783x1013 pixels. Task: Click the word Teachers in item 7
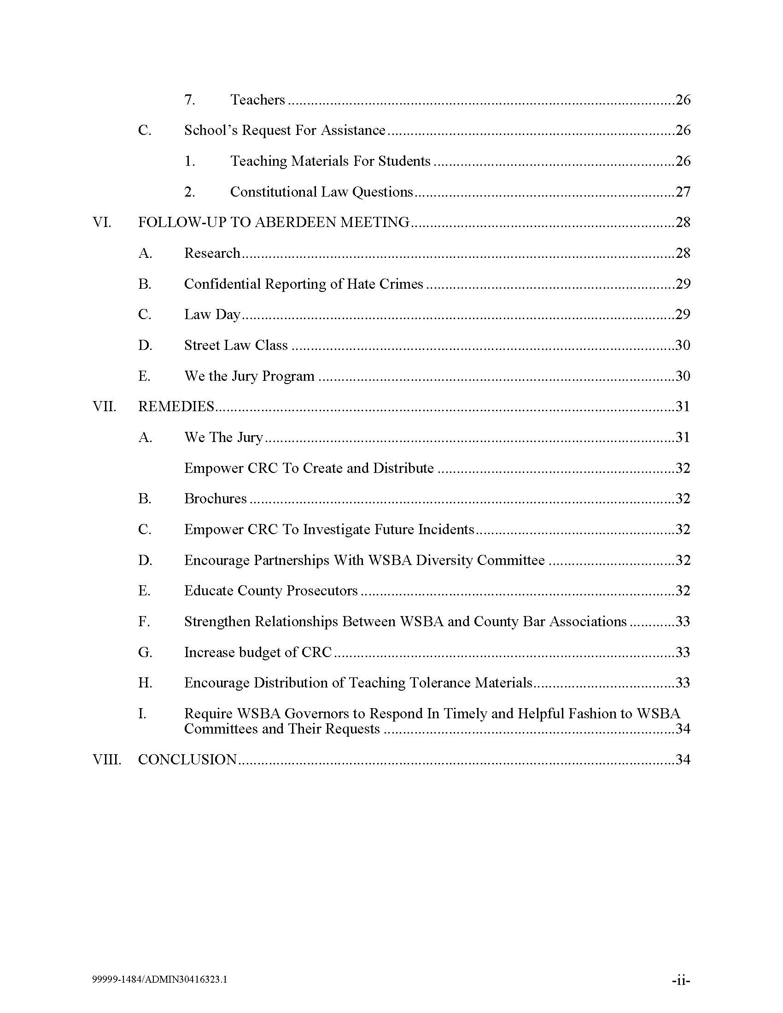click(x=257, y=100)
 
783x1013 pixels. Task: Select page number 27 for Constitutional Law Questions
click(x=683, y=192)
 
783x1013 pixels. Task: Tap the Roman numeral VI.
click(x=102, y=222)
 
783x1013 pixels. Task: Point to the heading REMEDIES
click(x=176, y=406)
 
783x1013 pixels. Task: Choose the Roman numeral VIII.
click(x=107, y=759)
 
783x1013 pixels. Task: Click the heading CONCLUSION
click(x=187, y=759)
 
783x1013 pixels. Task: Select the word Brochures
click(x=215, y=498)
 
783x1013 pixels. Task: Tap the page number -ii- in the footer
click(x=680, y=980)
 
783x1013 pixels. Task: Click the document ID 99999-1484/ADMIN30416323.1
click(x=159, y=979)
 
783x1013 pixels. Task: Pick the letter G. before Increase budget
click(x=145, y=652)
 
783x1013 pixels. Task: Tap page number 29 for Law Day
click(x=683, y=314)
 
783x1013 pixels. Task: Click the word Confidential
click(x=222, y=283)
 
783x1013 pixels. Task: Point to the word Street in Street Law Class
click(x=202, y=345)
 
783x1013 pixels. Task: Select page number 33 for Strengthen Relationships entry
click(x=683, y=621)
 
